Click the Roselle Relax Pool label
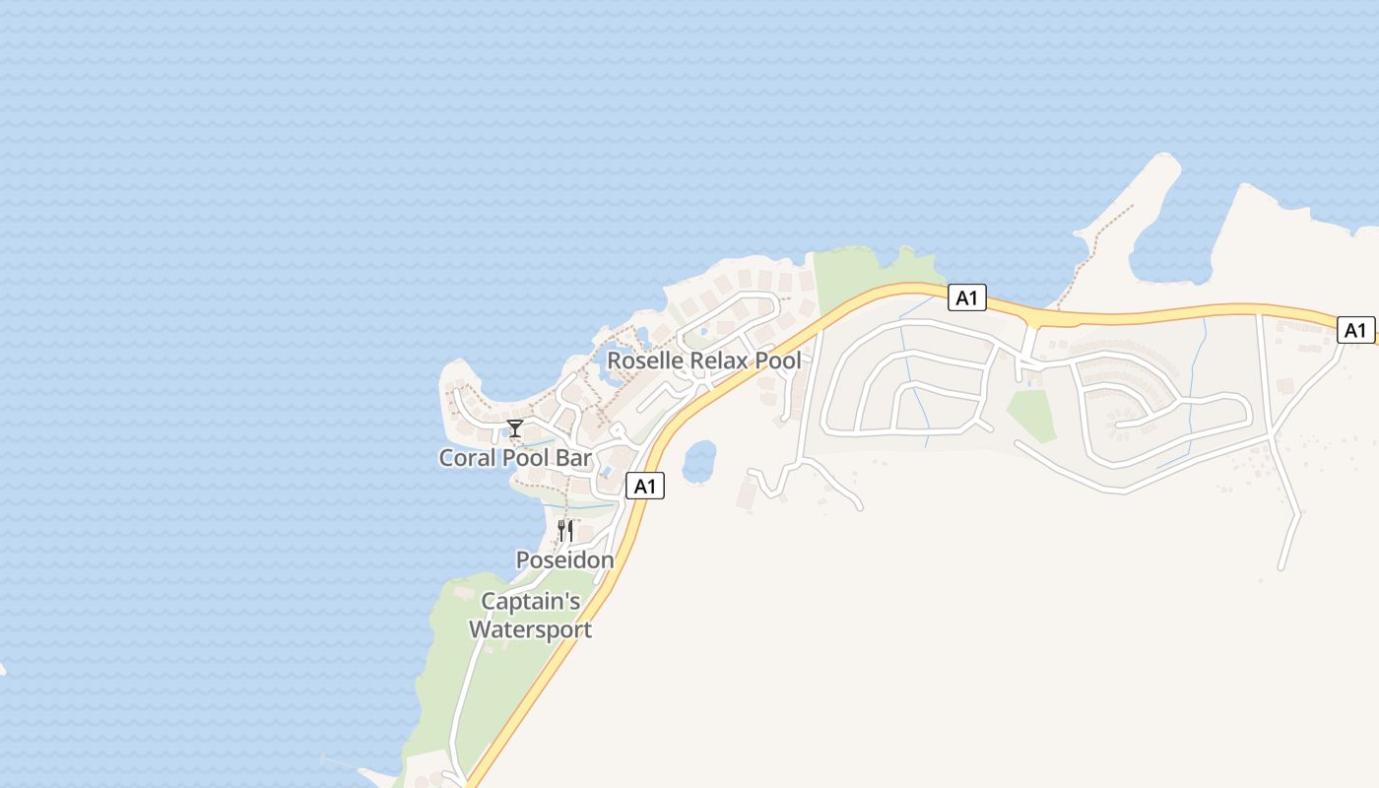click(703, 361)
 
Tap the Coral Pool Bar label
click(515, 458)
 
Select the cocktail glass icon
click(514, 427)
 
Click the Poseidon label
click(564, 559)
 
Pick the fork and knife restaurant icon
click(565, 530)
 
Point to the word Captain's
click(530, 601)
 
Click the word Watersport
click(530, 629)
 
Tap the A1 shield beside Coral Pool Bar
click(644, 486)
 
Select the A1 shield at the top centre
click(966, 297)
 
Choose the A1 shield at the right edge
click(1355, 330)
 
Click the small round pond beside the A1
click(698, 461)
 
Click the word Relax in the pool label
click(720, 361)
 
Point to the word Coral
click(468, 458)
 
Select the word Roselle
click(645, 361)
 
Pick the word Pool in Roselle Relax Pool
click(778, 361)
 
